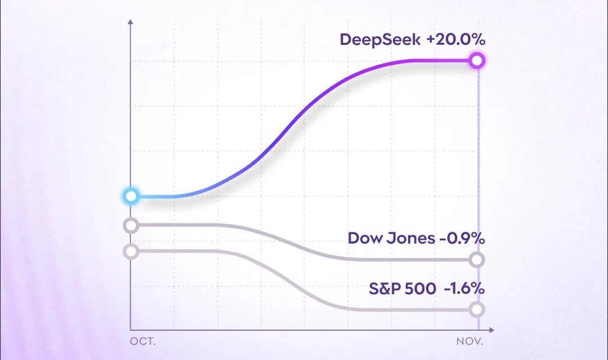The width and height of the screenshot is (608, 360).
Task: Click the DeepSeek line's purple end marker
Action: coord(477,61)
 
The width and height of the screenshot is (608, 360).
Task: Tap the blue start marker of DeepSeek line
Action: coord(131,196)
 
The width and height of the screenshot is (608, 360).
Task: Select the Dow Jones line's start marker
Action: coord(131,226)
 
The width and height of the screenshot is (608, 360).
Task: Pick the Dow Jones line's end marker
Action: coord(477,259)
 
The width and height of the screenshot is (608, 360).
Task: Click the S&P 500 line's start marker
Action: coord(131,251)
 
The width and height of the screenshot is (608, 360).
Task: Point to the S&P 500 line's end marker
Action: coord(477,309)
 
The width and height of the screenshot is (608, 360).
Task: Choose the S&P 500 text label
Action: coord(402,289)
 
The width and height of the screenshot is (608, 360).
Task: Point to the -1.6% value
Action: coord(464,289)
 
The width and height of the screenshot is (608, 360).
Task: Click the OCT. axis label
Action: coord(143,341)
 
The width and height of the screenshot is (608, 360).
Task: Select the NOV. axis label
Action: coord(469,341)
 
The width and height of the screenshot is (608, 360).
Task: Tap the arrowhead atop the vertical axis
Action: coord(131,22)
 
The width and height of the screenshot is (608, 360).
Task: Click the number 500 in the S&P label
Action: coord(422,289)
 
